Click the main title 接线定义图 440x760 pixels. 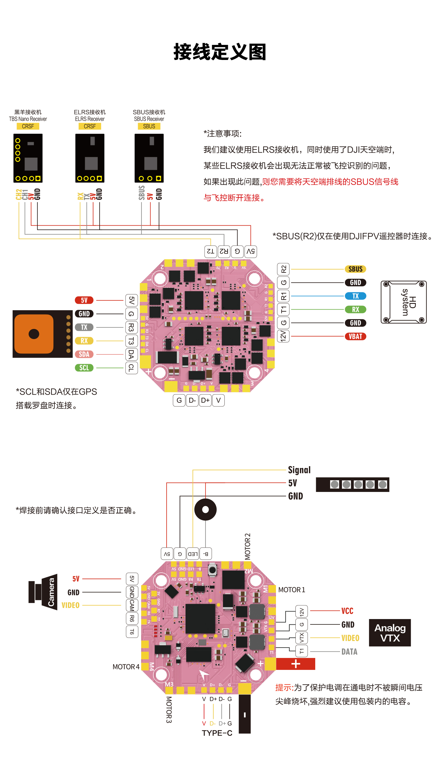220,52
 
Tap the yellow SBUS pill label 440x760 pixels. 355,269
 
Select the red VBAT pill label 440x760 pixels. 355,337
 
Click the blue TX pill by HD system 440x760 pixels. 355,296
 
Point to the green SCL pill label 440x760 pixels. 84,368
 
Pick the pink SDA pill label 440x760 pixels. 84,354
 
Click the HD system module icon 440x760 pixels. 404,302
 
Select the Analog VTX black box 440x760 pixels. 390,633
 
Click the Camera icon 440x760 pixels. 43,592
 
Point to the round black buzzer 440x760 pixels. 206,509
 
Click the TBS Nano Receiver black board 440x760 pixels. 28,158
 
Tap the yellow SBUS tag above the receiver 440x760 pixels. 149,126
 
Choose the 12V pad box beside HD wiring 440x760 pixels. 283,336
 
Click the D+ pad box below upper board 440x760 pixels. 205,400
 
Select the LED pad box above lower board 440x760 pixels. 193,554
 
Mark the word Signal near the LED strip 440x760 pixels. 299,470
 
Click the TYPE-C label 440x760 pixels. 217,733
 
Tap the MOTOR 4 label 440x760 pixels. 126,667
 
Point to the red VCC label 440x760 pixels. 347,611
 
